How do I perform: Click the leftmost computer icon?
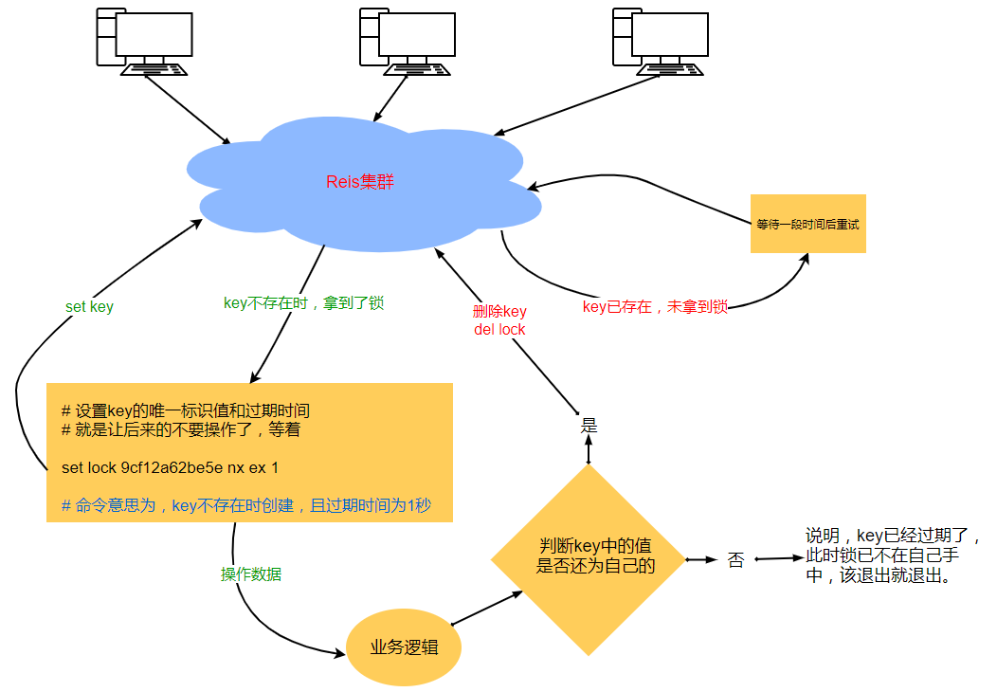[x=141, y=41]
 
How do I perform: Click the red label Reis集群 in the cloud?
[x=360, y=182]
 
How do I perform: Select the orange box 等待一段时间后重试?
[x=807, y=225]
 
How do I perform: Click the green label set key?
[x=89, y=307]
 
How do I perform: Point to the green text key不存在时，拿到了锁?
[x=303, y=303]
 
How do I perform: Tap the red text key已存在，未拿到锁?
[x=655, y=307]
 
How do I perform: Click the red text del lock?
[x=499, y=329]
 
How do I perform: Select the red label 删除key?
[x=499, y=311]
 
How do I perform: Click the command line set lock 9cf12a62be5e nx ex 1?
[x=170, y=467]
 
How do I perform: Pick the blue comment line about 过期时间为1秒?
[x=246, y=505]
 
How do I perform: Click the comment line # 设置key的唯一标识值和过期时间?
[x=186, y=411]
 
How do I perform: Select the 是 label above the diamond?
[x=589, y=427]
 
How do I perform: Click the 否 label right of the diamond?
[x=735, y=560]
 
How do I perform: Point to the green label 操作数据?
[x=251, y=574]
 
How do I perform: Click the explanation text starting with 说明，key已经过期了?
[x=892, y=555]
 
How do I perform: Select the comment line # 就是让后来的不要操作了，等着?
[x=181, y=429]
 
